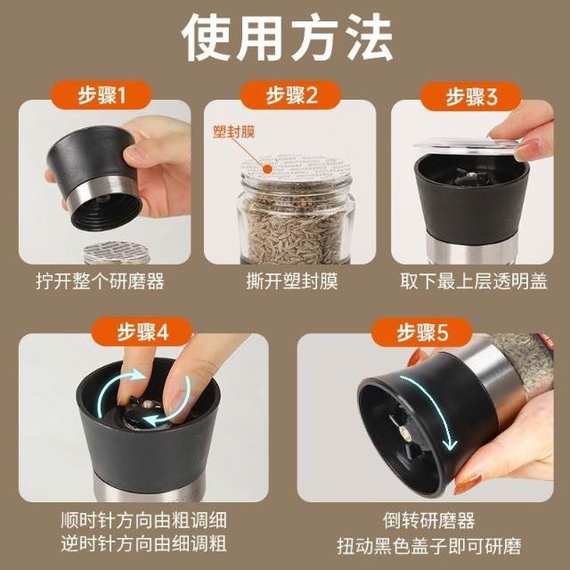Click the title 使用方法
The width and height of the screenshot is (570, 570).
click(x=287, y=37)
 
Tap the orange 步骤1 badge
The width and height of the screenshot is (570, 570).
click(x=101, y=95)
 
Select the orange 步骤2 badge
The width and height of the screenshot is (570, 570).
click(x=290, y=95)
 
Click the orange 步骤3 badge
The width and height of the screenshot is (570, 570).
click(x=471, y=96)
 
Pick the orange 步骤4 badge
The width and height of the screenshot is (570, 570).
click(x=142, y=331)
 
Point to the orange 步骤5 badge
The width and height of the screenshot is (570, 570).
click(x=421, y=332)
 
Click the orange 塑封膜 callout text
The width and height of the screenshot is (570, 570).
click(x=233, y=132)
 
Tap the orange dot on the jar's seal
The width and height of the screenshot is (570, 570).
click(x=267, y=169)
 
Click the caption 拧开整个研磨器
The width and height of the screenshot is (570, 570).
click(x=101, y=281)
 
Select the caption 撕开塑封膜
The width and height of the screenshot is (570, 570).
click(x=292, y=281)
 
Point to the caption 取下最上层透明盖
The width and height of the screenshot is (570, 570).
click(x=473, y=281)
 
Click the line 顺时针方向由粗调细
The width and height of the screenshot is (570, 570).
click(x=144, y=520)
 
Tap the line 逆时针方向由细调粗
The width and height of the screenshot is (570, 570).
click(x=144, y=544)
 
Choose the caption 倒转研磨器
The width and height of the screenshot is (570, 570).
click(x=429, y=520)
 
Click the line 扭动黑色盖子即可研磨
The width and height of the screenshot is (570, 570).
click(x=429, y=545)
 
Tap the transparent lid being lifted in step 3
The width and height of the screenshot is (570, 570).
click(x=466, y=144)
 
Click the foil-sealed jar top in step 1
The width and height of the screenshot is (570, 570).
click(x=117, y=251)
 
